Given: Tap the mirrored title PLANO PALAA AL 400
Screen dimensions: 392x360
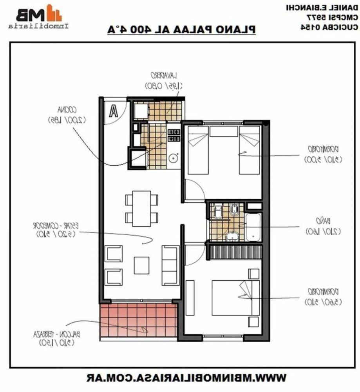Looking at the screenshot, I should (x=182, y=30).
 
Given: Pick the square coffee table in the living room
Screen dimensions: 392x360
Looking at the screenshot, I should (x=141, y=265).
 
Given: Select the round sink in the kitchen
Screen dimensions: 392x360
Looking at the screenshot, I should (x=173, y=158).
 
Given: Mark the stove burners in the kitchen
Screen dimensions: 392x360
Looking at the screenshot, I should (x=173, y=135).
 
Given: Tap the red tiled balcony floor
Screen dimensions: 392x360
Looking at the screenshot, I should (x=137, y=320).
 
